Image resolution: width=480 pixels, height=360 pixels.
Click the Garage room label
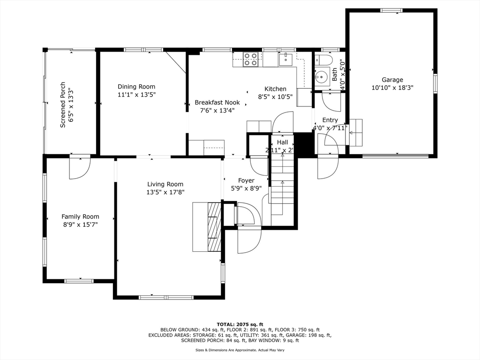(x=392, y=80)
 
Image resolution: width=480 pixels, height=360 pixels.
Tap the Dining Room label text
(x=136, y=87)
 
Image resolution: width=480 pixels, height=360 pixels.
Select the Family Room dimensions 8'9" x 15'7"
(x=80, y=225)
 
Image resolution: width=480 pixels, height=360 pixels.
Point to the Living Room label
(x=165, y=184)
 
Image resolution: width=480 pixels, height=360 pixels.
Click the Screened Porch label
(x=62, y=105)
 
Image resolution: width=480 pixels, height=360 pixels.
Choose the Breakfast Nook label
(x=217, y=102)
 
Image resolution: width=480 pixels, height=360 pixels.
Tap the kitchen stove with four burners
(x=251, y=60)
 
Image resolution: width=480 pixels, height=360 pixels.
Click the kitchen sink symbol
(x=286, y=59)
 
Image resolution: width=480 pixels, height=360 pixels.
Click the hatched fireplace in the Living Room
(x=214, y=227)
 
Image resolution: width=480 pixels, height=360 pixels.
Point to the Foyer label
(x=246, y=180)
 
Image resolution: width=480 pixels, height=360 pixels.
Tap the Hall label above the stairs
(x=282, y=142)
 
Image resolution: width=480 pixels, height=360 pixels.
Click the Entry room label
(x=330, y=120)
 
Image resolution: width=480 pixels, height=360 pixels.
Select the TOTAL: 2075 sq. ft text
(x=240, y=324)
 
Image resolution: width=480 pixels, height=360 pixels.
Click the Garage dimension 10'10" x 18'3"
(x=392, y=88)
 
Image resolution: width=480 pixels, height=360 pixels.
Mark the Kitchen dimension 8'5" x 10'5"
(x=275, y=97)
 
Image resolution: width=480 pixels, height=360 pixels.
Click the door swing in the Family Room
(x=80, y=168)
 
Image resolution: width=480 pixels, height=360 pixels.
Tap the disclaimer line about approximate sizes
(x=240, y=350)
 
